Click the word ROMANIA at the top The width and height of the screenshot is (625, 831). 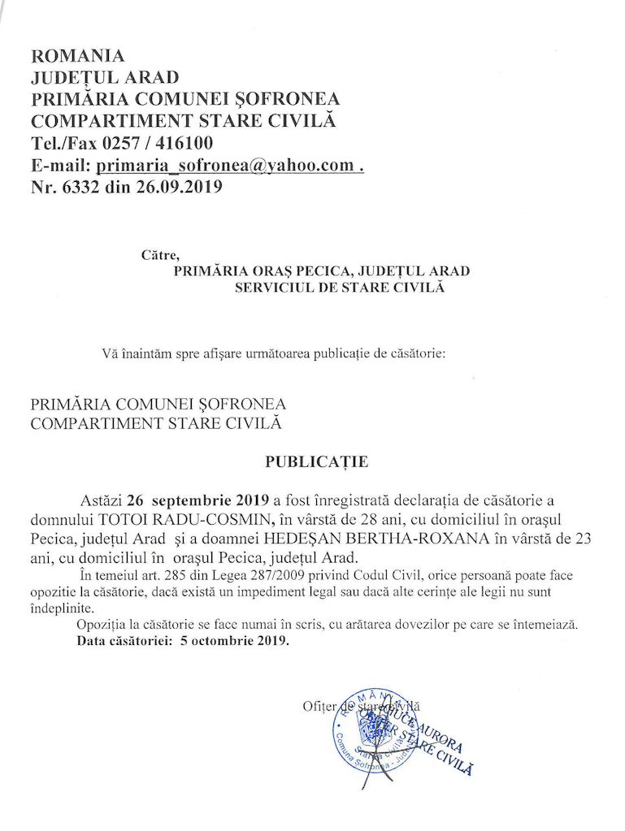click(77, 56)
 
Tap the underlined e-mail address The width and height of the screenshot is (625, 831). click(226, 166)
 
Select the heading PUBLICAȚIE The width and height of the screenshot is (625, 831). click(316, 462)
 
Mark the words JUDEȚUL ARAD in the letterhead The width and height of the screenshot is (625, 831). click(104, 78)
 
